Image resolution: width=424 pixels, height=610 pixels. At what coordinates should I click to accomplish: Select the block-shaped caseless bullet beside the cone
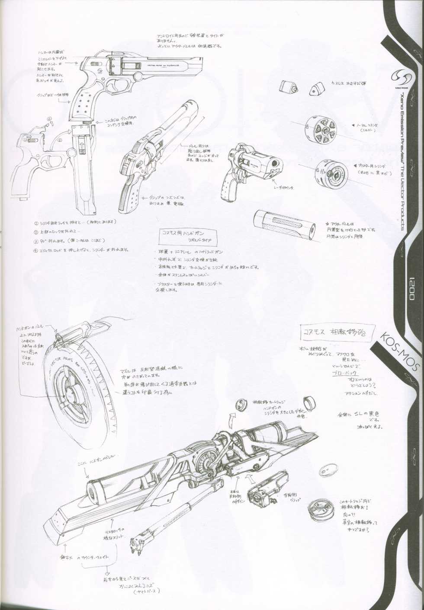click(289, 87)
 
